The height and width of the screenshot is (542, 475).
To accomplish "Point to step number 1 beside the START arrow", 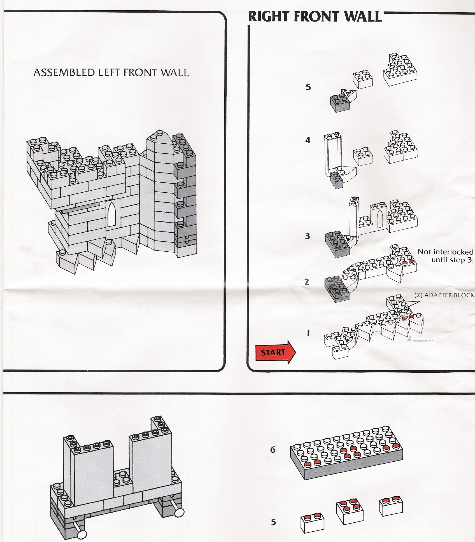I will point(308,333).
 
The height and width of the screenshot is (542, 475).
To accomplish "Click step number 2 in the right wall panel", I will point(307,282).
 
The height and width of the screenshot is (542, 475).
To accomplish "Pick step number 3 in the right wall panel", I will point(308,236).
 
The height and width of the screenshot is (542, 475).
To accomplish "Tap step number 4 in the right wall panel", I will point(308,140).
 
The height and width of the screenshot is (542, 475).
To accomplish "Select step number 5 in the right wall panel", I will point(308,87).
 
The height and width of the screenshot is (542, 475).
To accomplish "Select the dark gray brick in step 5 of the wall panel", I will point(339,103).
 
